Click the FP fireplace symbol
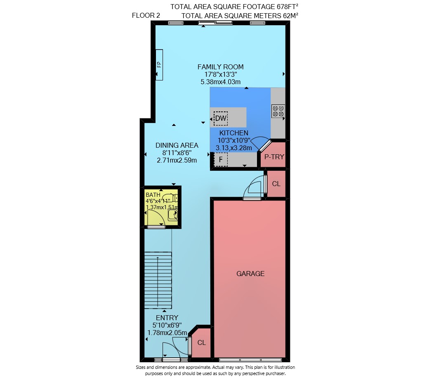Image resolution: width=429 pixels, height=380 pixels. tap(159, 65)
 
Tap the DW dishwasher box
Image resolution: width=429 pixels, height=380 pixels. tap(221, 118)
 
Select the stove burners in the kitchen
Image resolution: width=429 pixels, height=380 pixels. tap(278, 111)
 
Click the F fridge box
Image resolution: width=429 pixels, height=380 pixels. tap(221, 160)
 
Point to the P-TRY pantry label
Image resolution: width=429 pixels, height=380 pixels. tap(274, 157)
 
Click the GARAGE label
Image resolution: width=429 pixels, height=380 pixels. tap(250, 274)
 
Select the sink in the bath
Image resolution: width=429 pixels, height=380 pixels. tap(173, 215)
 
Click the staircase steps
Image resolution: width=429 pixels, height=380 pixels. tap(158, 281)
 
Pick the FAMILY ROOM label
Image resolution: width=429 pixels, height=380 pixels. tap(221, 67)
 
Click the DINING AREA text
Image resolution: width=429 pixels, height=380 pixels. tap(177, 145)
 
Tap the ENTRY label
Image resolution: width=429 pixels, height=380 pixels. tap(167, 318)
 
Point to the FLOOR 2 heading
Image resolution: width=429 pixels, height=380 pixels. tap(146, 15)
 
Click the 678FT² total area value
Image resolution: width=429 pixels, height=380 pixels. tap(287, 7)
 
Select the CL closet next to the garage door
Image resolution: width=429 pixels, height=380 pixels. tap(276, 184)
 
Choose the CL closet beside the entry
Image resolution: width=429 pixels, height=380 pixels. tap(202, 342)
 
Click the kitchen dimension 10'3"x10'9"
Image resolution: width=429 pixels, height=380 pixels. tap(234, 140)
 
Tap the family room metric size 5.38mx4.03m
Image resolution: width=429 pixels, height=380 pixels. tap(221, 82)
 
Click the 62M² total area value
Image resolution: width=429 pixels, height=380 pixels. tap(290, 16)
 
